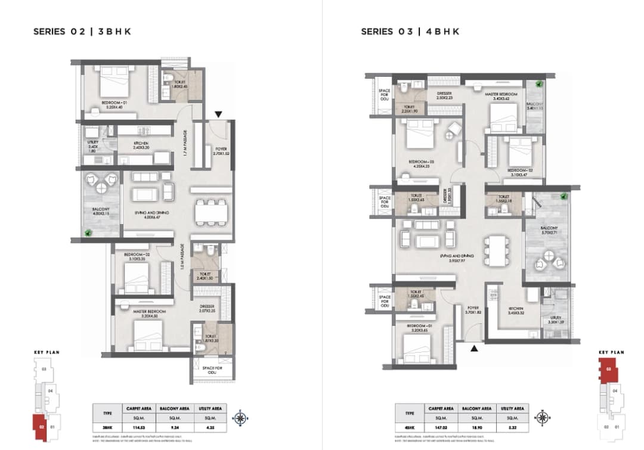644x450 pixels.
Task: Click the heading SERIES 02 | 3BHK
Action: click(82, 32)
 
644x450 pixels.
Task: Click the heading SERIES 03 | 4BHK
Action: click(409, 32)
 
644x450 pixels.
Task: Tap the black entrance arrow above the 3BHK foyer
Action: click(219, 114)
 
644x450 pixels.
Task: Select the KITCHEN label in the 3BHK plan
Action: click(141, 145)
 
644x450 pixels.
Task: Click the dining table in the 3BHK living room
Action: click(211, 211)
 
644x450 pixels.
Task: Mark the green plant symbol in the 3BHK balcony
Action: click(89, 233)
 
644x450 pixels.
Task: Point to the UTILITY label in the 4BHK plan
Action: click(549, 320)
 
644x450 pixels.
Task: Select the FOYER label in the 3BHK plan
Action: click(221, 150)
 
